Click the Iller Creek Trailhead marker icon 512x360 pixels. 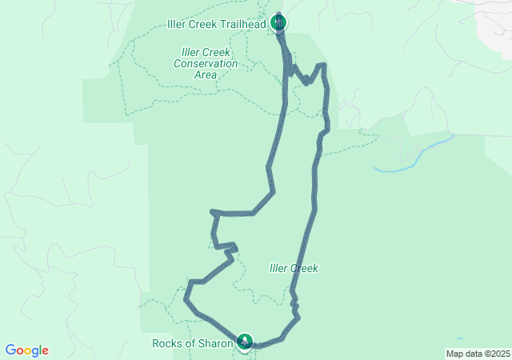pyautogui.click(x=278, y=22)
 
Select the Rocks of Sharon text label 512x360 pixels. pyautogui.click(x=192, y=344)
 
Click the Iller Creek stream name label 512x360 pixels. pyautogui.click(x=294, y=268)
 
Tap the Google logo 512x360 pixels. pyautogui.click(x=26, y=350)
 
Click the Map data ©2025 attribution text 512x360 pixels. pyautogui.click(x=478, y=354)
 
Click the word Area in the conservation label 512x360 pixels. pyautogui.click(x=206, y=74)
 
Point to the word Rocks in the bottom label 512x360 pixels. pyautogui.click(x=166, y=344)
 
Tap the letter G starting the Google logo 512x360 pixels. pyautogui.click(x=10, y=350)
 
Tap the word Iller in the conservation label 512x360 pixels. pyautogui.click(x=193, y=52)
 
